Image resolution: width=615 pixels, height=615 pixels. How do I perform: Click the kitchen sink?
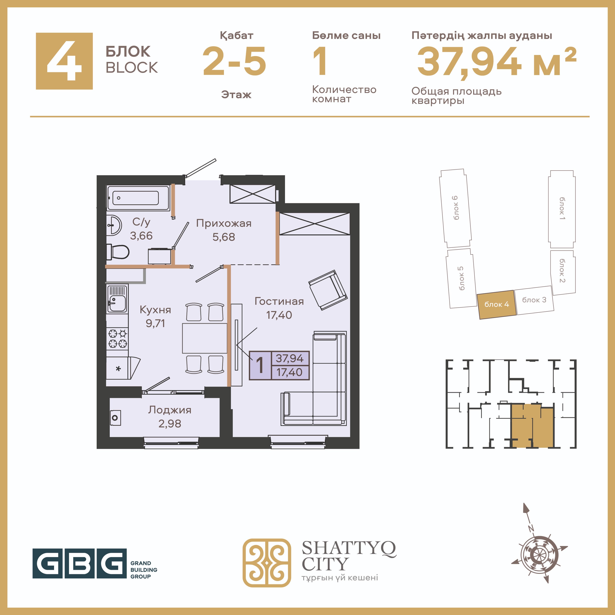point(117,299)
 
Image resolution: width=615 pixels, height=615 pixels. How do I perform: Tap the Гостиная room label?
point(279,301)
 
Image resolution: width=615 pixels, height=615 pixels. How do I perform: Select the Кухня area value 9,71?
point(155,323)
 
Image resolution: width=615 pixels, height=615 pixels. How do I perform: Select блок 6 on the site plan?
point(455,208)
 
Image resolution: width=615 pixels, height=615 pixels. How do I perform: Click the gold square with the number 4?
point(64,61)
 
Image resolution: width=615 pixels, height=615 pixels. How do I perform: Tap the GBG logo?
point(79,563)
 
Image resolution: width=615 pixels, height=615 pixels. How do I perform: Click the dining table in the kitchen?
point(205,338)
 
